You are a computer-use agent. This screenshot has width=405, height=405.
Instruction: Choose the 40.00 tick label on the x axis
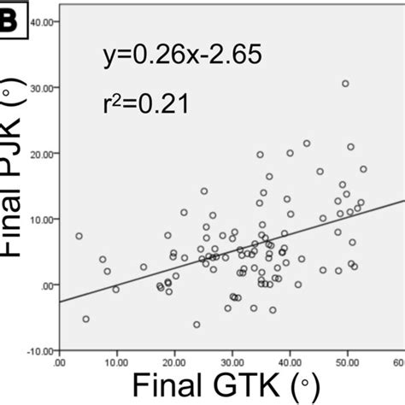click(x=290, y=362)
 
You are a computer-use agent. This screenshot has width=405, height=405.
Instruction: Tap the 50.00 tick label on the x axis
click(x=348, y=362)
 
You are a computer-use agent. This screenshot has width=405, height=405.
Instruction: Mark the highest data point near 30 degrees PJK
click(x=345, y=84)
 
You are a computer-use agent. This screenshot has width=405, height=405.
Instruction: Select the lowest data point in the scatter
click(x=197, y=325)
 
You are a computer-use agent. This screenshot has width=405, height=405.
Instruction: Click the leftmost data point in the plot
click(x=79, y=236)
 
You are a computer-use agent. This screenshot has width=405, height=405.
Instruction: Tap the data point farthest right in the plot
click(x=363, y=169)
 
